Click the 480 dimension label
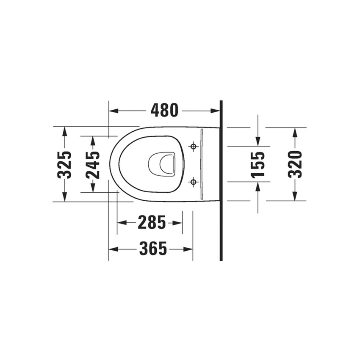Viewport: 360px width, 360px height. click(164, 111)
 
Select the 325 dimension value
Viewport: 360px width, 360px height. click(64, 164)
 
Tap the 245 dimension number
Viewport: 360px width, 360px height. click(93, 164)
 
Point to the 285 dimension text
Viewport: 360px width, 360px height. click(151, 222)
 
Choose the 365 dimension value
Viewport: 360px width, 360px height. click(153, 249)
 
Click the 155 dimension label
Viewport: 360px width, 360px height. click(258, 164)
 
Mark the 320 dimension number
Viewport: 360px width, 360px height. click(295, 164)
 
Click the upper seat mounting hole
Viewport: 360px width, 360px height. click(193, 147)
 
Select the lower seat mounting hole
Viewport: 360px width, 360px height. click(193, 182)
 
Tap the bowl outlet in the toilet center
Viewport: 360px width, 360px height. click(163, 164)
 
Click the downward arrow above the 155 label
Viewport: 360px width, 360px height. click(258, 141)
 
